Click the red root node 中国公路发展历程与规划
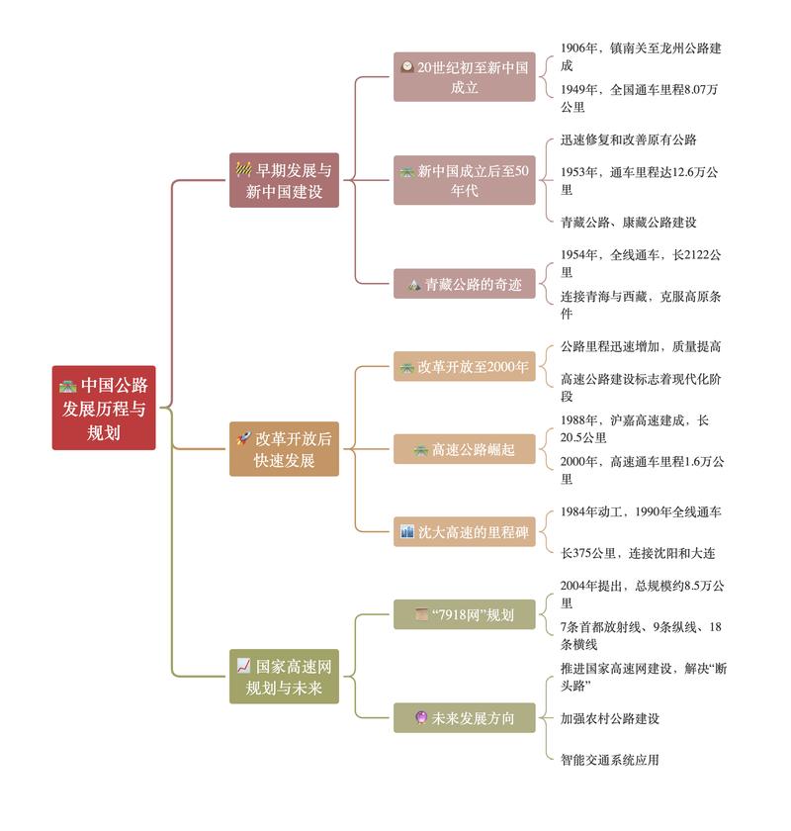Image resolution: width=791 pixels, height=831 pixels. [104, 408]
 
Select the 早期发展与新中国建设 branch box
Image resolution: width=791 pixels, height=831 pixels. [284, 180]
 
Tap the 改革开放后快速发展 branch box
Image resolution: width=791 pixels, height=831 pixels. [284, 448]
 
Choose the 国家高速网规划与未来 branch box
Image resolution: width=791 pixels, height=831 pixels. [284, 677]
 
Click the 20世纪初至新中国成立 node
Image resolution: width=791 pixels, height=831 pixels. [464, 77]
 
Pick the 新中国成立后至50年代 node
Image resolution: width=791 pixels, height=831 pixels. [464, 180]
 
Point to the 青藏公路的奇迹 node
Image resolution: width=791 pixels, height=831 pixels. [464, 284]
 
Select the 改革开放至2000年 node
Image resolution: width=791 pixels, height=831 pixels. [464, 366]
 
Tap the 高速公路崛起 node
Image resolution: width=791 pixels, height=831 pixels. [464, 449]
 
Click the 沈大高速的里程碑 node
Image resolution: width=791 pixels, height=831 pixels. [464, 532]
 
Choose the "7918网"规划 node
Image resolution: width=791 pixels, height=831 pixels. [464, 614]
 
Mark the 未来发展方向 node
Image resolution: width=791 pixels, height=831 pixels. [464, 718]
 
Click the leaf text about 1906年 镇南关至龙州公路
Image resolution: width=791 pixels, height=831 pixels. [641, 56]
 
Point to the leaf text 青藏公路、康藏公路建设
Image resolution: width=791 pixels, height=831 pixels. [628, 222]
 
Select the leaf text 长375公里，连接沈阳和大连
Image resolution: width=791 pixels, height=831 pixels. [637, 553]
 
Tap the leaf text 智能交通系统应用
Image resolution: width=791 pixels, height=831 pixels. [609, 760]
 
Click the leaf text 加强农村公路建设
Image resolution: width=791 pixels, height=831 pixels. [609, 718]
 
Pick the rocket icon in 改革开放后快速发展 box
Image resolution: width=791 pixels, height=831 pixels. [243, 437]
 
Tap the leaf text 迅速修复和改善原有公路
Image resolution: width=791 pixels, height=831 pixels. [628, 139]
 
